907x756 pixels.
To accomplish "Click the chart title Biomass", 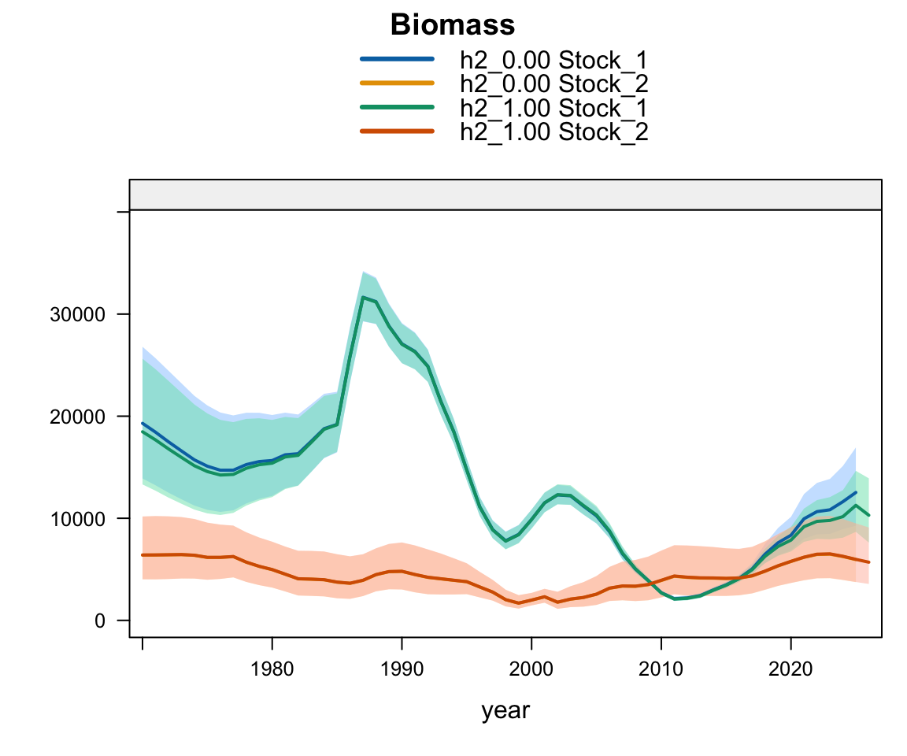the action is [x=453, y=25].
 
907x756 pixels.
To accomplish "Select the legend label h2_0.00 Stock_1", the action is [x=553, y=60].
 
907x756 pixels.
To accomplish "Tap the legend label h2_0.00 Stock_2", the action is [x=553, y=84].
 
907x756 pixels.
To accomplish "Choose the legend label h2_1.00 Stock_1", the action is [x=553, y=108].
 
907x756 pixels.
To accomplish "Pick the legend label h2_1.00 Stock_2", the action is [x=553, y=132].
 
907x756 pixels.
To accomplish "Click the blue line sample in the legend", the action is [x=397, y=59].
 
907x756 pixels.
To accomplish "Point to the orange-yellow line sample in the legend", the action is [x=397, y=83].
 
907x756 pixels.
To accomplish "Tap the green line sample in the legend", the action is [x=397, y=107].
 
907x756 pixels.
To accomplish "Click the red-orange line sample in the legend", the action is [x=397, y=132].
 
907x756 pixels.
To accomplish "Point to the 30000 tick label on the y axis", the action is [x=77, y=315].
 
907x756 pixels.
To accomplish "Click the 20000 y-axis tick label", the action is [x=77, y=417].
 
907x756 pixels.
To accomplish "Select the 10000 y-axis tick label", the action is [x=77, y=519].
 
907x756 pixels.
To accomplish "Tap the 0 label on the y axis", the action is [x=100, y=621].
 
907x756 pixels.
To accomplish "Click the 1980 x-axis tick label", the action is [x=272, y=669].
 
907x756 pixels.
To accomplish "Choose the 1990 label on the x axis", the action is [x=402, y=669].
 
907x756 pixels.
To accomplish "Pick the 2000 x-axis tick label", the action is [x=531, y=669].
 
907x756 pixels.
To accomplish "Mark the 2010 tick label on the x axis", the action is [x=661, y=669].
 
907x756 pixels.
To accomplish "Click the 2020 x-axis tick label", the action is [x=790, y=669].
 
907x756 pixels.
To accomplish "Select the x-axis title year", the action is [x=505, y=710].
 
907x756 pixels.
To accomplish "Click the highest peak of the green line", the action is [x=363, y=298].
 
